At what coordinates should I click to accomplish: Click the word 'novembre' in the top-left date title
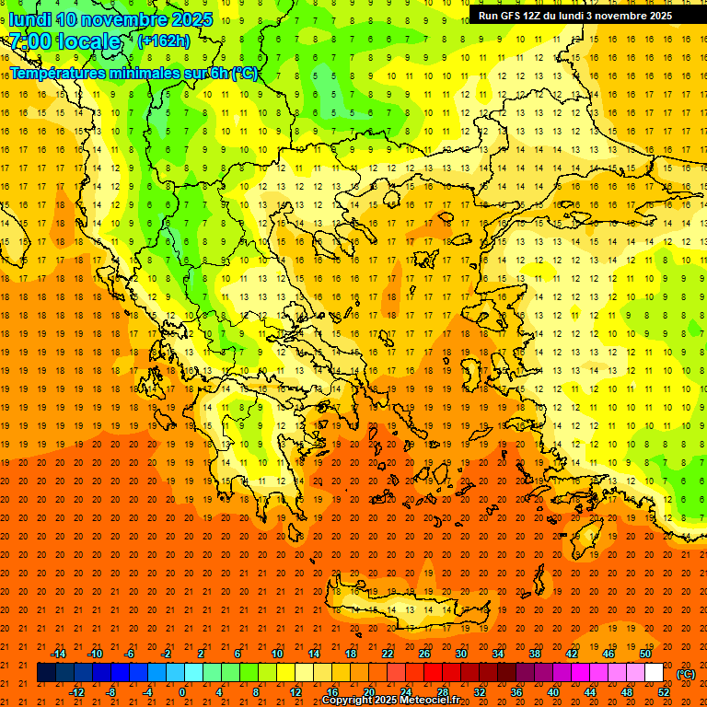tap(128, 19)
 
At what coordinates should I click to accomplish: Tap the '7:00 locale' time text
tap(64, 41)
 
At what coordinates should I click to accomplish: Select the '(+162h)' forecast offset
tap(163, 41)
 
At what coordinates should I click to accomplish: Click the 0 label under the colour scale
tap(182, 691)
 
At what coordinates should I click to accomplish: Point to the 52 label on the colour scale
tap(663, 691)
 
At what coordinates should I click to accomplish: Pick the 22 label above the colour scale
tap(388, 653)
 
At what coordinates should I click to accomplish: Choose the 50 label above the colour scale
tap(645, 653)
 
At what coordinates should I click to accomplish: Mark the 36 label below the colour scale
tap(516, 691)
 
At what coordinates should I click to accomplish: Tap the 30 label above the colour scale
tap(461, 653)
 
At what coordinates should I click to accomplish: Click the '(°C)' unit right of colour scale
tap(685, 674)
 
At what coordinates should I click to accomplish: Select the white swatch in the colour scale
tap(655, 673)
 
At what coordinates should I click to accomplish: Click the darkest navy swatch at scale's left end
tap(46, 673)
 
